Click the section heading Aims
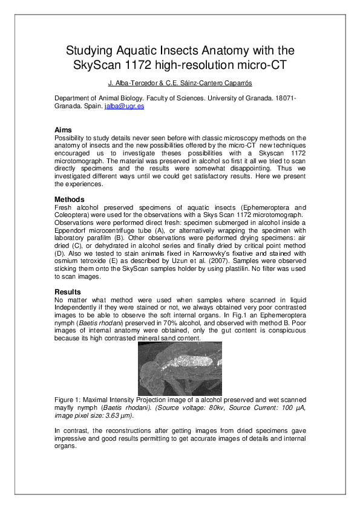point(63,130)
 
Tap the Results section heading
point(67,293)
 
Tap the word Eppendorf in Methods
point(71,230)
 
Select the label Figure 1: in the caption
point(71,401)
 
